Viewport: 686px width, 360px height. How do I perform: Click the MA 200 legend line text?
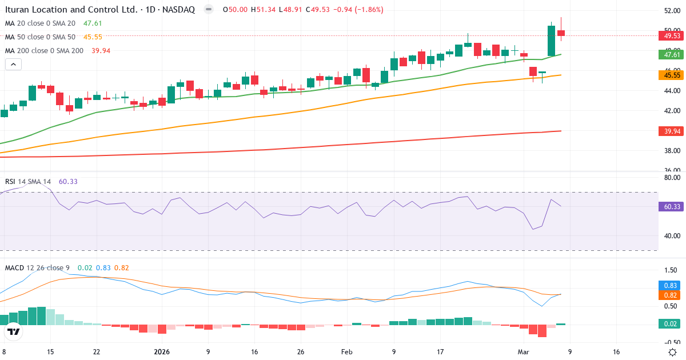[x=45, y=51]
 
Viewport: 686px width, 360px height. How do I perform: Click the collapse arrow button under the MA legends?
[x=13, y=65]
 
